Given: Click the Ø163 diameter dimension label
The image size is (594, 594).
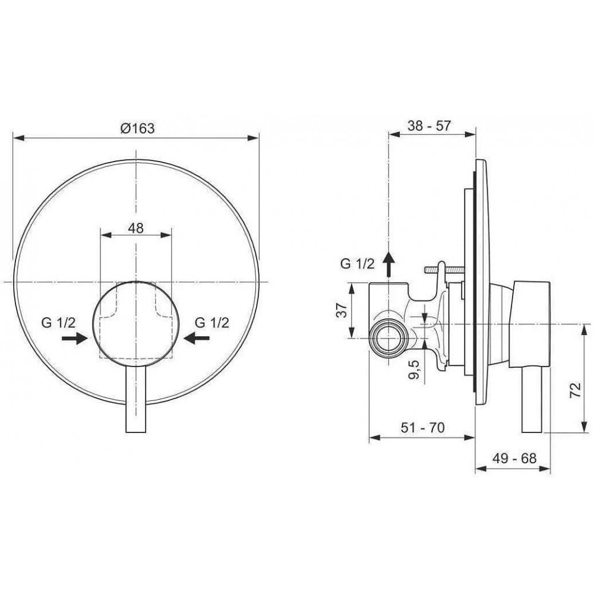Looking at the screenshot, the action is click(x=138, y=128).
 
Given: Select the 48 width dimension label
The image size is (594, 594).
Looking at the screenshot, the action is click(x=135, y=228).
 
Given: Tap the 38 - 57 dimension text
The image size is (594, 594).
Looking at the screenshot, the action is click(x=429, y=125).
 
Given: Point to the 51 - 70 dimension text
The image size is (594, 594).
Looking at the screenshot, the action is click(x=422, y=428).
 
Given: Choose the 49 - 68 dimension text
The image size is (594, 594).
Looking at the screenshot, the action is click(x=514, y=459).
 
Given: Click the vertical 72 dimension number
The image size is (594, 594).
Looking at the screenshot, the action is click(x=575, y=390).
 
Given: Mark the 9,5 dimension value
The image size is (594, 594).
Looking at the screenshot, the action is click(x=415, y=369).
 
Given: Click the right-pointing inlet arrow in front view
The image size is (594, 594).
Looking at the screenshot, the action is click(x=75, y=338).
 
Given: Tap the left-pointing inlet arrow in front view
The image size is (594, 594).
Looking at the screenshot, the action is click(x=196, y=338).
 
